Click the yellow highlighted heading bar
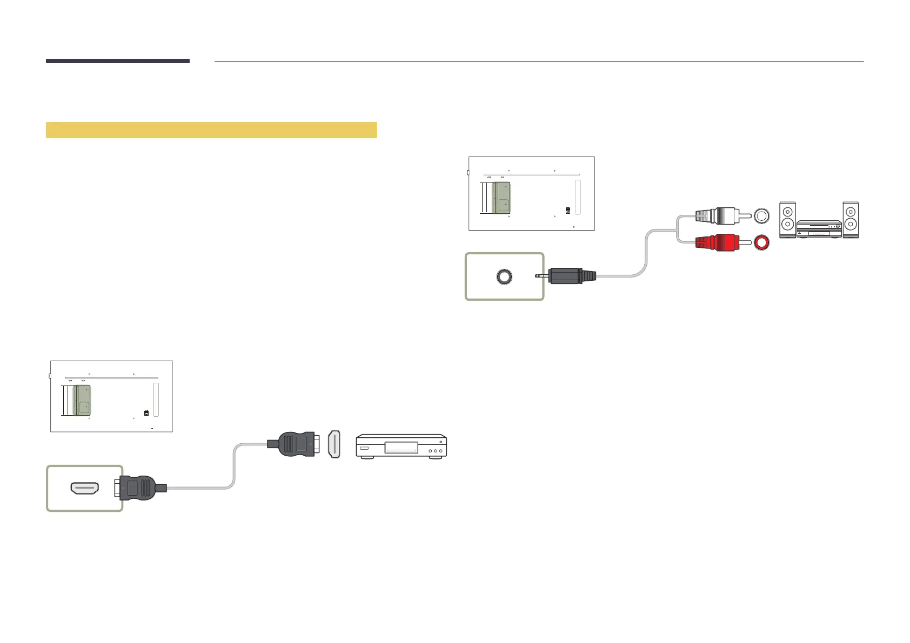pos(211,130)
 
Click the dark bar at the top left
pos(117,61)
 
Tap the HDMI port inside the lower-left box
pos(85,489)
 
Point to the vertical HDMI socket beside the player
pos(334,444)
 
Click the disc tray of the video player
pos(400,448)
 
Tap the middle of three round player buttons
pos(435,451)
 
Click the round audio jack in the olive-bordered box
pos(504,276)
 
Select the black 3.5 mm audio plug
pos(570,276)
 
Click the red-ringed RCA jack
pos(761,243)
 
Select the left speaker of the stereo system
pos(787,220)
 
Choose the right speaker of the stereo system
pos(851,220)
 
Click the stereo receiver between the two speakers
pos(819,228)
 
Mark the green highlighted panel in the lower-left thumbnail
pos(82,400)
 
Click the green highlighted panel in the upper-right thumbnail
pos(501,198)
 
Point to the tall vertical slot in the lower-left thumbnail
pos(156,400)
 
